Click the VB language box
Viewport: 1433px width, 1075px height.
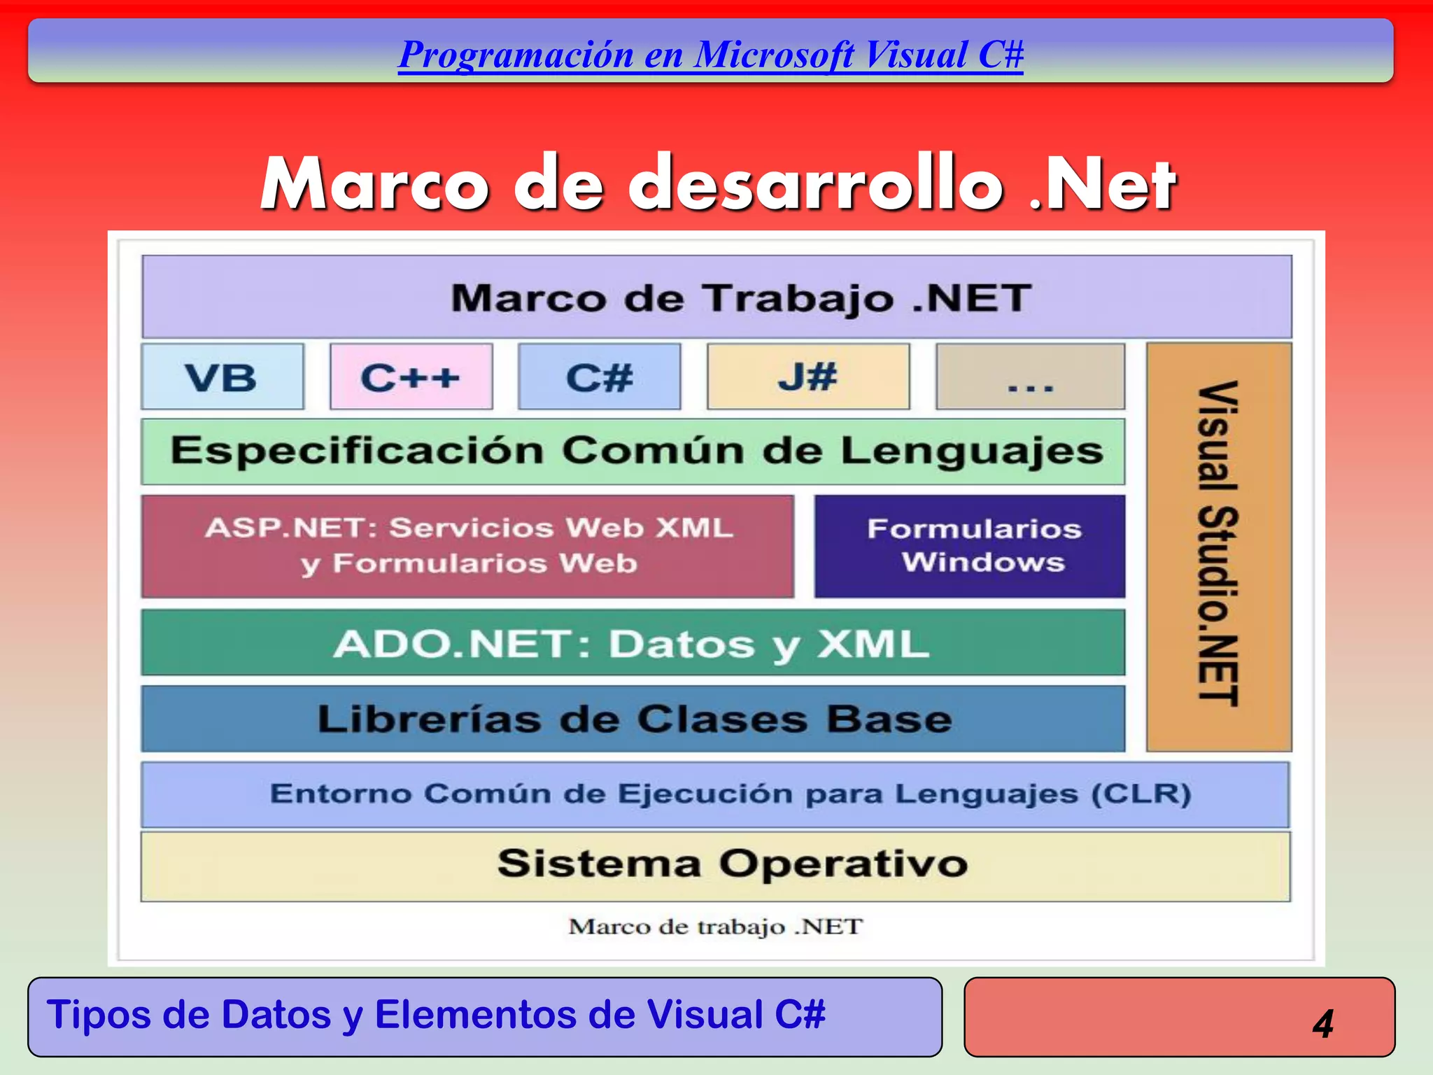pyautogui.click(x=223, y=377)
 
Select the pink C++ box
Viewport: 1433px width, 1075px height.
pyautogui.click(x=411, y=377)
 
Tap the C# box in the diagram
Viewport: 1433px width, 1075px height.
pyautogui.click(x=600, y=377)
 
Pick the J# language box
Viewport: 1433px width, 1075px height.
pyautogui.click(x=808, y=377)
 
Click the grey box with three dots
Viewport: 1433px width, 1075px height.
pyautogui.click(x=1030, y=377)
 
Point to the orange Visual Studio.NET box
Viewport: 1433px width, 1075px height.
pyautogui.click(x=1219, y=546)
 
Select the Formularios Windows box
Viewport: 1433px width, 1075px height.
pyautogui.click(x=970, y=546)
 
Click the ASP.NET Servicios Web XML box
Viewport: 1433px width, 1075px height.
pyautogui.click(x=467, y=546)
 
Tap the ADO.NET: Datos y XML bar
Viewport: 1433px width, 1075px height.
pyautogui.click(x=633, y=642)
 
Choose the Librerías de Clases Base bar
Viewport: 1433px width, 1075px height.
pyautogui.click(x=633, y=719)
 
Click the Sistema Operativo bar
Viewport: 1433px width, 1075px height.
pyautogui.click(x=715, y=865)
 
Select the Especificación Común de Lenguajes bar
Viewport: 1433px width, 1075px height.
pyautogui.click(x=633, y=451)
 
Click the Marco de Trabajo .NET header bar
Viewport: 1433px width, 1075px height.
pyautogui.click(x=716, y=297)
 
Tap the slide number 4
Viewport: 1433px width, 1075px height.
pyautogui.click(x=1322, y=1023)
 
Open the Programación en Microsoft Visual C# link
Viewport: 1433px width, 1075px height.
pyautogui.click(x=710, y=55)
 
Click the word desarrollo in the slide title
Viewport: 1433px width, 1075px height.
pyautogui.click(x=815, y=185)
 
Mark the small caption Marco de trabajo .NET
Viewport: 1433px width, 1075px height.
pyautogui.click(x=715, y=927)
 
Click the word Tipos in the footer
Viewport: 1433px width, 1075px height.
pyautogui.click(x=98, y=1014)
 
